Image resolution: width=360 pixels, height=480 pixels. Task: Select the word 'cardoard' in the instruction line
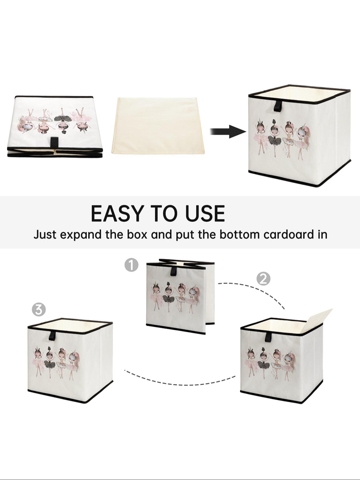coord(287,234)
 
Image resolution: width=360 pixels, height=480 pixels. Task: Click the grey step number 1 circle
coord(131,265)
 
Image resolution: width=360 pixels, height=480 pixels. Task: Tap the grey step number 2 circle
coord(263,279)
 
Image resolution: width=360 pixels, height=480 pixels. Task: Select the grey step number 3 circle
coord(39,310)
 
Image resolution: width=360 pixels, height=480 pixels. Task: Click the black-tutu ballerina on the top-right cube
coord(275,136)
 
